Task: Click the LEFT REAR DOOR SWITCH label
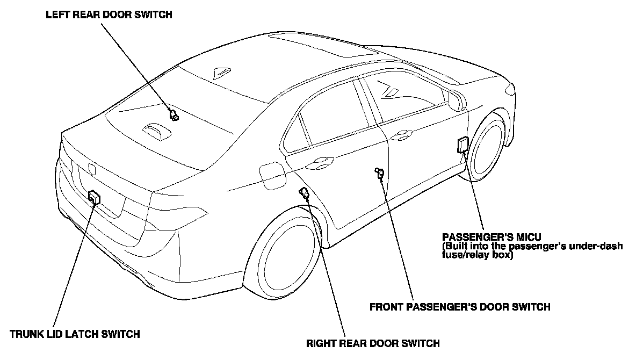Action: pyautogui.click(x=110, y=15)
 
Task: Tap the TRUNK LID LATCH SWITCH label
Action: pyautogui.click(x=75, y=334)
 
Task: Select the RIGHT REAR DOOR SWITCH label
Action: pyautogui.click(x=373, y=343)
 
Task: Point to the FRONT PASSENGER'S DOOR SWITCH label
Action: pyautogui.click(x=460, y=307)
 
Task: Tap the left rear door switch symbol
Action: pyautogui.click(x=174, y=114)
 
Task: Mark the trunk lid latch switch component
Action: pyautogui.click(x=94, y=197)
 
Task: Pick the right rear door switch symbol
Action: pyautogui.click(x=304, y=193)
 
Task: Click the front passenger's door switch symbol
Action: pyautogui.click(x=380, y=172)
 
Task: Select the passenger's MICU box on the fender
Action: pyautogui.click(x=462, y=145)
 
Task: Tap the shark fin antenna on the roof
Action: pyautogui.click(x=221, y=73)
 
